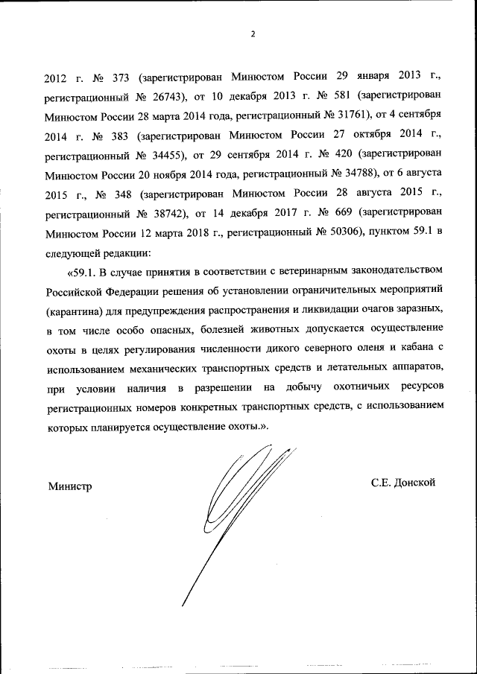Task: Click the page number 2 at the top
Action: (253, 34)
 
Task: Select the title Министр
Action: (70, 485)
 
